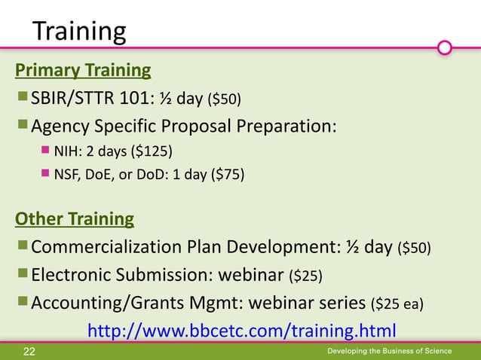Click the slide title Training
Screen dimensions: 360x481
point(78,31)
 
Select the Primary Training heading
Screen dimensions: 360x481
point(83,71)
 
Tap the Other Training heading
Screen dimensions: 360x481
point(75,219)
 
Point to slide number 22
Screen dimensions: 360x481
point(29,352)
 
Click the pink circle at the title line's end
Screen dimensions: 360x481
point(445,48)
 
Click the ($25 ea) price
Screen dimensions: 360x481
point(397,304)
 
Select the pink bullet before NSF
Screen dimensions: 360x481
point(44,175)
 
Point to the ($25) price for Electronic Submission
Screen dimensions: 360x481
point(306,276)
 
